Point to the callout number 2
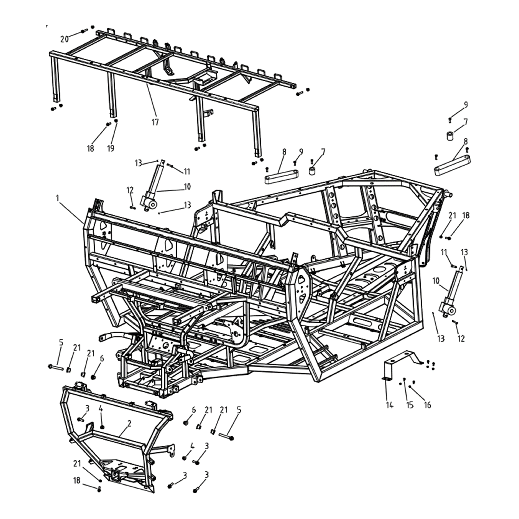tap(129, 424)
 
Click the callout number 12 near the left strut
tap(130, 190)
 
